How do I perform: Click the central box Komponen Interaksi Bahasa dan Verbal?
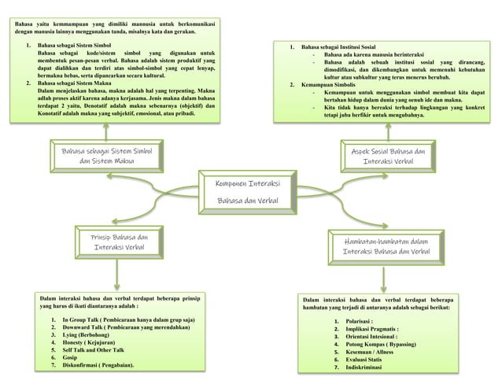[252, 193]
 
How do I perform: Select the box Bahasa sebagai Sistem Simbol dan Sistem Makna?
[107, 155]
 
